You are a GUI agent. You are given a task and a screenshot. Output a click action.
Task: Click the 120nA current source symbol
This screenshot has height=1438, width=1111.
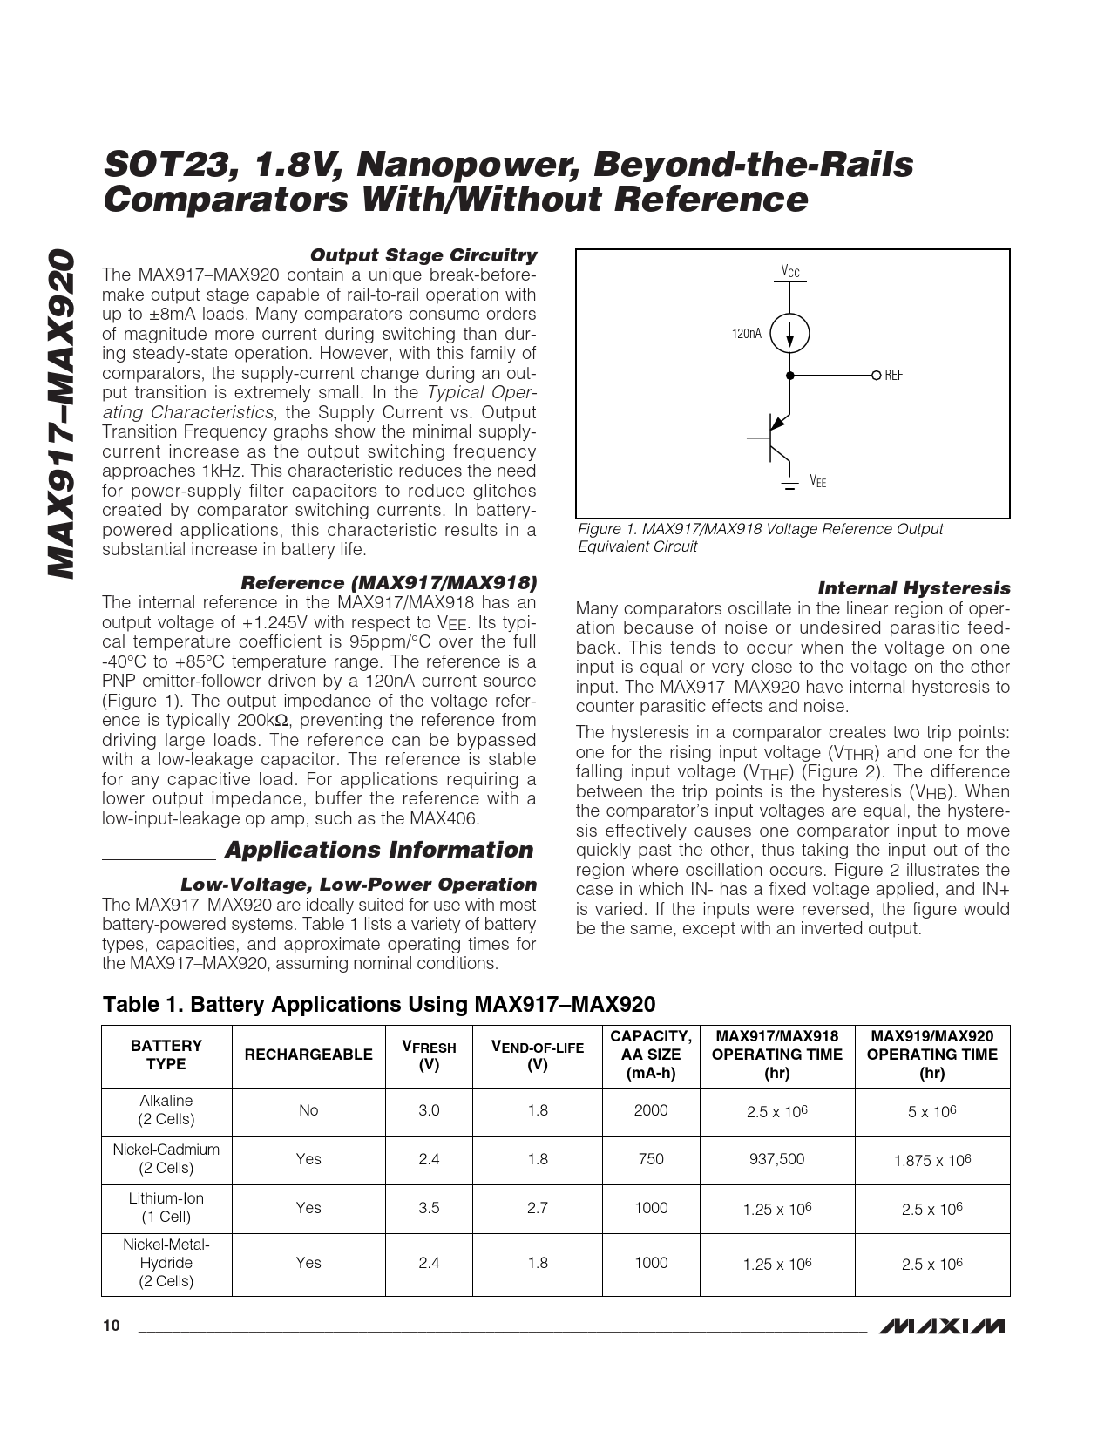790,334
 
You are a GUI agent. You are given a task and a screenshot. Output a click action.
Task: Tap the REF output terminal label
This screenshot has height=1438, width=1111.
893,376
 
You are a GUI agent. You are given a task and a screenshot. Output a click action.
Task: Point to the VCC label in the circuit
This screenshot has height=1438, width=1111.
790,272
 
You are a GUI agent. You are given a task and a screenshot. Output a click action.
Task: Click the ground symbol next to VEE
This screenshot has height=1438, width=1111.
790,483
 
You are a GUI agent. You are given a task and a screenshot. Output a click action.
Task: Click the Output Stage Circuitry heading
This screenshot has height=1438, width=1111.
423,255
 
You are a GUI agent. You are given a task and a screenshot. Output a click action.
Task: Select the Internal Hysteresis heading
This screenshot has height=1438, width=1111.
913,588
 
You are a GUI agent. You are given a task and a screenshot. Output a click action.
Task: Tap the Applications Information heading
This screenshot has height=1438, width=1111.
379,850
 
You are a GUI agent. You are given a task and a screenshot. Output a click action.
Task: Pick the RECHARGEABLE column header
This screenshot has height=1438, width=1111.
308,1055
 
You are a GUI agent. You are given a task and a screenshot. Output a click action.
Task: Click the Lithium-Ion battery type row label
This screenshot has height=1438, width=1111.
166,1208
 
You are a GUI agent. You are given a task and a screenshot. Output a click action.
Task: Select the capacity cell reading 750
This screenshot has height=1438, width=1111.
651,1159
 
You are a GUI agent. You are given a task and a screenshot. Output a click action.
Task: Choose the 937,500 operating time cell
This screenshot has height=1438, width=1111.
777,1159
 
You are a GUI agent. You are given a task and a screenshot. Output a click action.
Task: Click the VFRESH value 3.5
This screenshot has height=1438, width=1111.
429,1208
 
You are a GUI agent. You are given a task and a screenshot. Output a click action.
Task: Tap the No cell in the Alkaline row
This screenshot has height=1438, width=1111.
308,1110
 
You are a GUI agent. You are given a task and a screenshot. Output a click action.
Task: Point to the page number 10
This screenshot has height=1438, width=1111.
111,1326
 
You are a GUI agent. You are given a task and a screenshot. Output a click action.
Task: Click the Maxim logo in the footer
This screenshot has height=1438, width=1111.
942,1326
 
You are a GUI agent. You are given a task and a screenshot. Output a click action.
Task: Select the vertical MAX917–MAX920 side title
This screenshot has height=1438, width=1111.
60,414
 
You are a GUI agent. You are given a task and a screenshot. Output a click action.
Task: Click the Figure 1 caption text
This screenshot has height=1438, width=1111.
760,538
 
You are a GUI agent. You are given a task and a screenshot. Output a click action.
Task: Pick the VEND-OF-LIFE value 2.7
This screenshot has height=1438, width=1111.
538,1208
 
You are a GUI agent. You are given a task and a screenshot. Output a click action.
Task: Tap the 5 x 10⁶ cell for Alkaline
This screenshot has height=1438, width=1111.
932,1111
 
